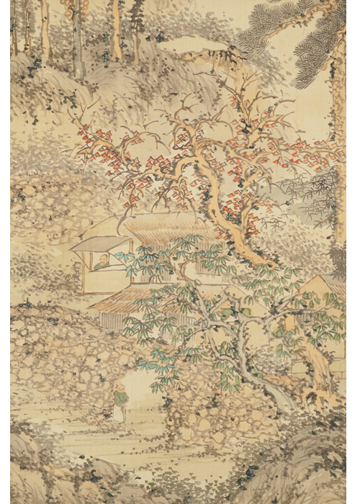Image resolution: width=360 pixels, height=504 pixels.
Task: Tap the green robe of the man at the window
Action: point(106,264)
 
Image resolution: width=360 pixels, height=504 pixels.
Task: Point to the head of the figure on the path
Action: point(120,389)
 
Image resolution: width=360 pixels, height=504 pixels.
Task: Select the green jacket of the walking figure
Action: point(119,397)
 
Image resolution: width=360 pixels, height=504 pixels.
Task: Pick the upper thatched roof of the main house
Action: point(162,229)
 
